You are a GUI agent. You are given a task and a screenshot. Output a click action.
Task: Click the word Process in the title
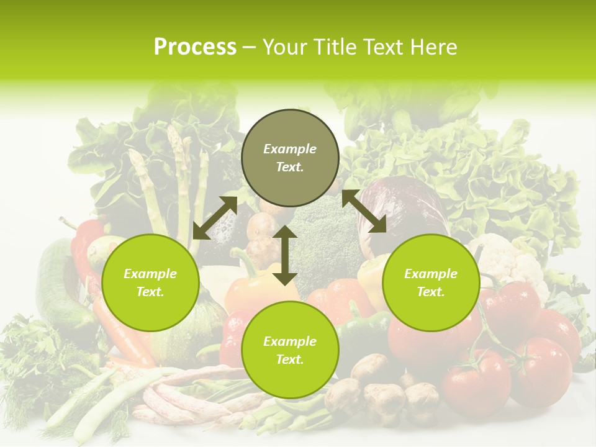pyautogui.click(x=195, y=47)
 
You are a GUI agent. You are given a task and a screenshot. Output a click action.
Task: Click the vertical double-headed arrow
pyautogui.click(x=285, y=255)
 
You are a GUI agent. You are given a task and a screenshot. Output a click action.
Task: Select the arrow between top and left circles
pyautogui.click(x=215, y=218)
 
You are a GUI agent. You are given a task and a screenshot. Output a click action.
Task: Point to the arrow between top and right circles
pyautogui.click(x=364, y=211)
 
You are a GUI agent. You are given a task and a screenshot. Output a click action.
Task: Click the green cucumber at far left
pyautogui.click(x=56, y=286)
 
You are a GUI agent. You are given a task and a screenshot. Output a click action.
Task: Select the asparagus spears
pyautogui.click(x=180, y=180)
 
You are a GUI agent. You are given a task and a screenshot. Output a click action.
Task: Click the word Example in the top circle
pyautogui.click(x=290, y=149)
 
